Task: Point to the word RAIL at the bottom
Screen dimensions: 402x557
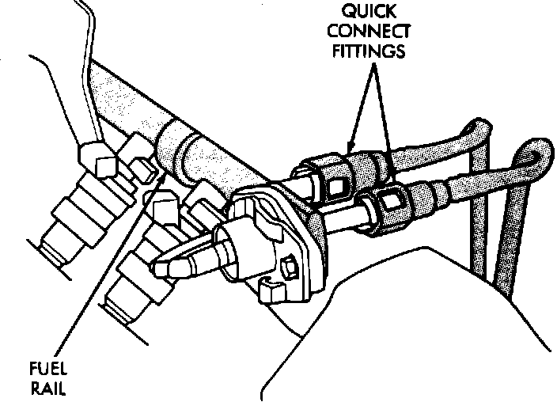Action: [x=47, y=389]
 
